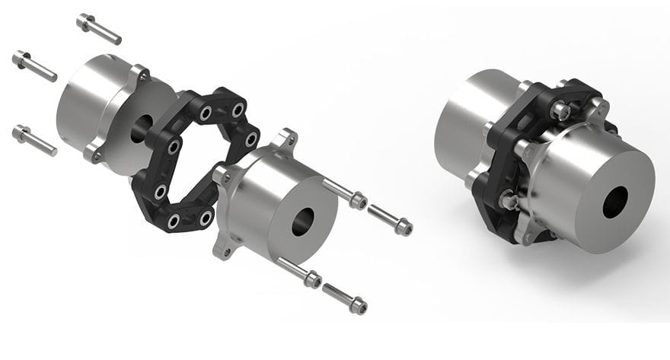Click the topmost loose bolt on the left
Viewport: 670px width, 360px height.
click(x=98, y=28)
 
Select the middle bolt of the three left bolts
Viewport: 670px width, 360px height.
click(x=34, y=65)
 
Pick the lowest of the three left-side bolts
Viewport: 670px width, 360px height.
click(x=34, y=140)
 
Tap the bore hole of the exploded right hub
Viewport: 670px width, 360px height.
click(x=302, y=221)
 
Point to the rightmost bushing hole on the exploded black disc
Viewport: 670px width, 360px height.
click(x=251, y=139)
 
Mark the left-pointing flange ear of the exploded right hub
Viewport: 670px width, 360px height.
click(x=222, y=174)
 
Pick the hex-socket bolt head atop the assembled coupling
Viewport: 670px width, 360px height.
click(x=560, y=111)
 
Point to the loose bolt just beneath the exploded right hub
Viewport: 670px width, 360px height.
click(x=299, y=272)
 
